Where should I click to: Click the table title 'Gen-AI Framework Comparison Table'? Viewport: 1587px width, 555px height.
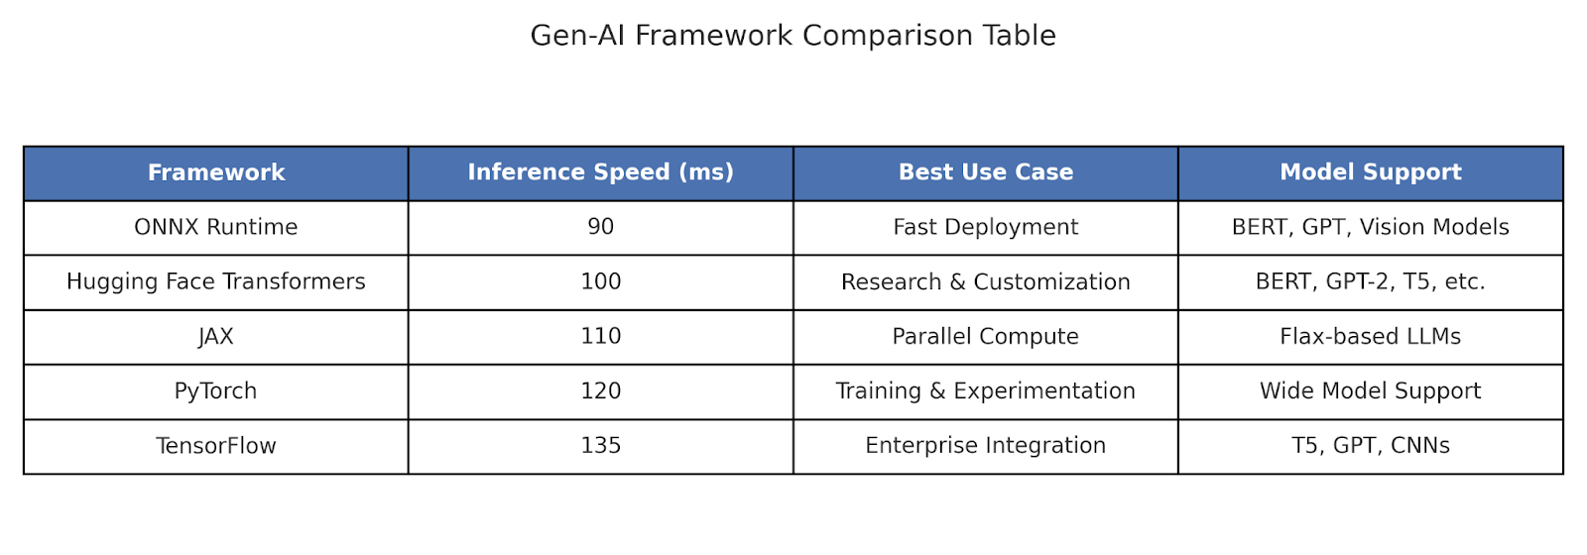coord(793,36)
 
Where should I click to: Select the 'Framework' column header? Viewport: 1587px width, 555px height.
coord(216,172)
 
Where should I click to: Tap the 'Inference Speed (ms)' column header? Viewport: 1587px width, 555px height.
coord(601,172)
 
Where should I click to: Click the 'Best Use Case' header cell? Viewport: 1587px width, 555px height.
coord(986,172)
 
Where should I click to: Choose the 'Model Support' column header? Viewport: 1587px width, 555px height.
coord(1370,172)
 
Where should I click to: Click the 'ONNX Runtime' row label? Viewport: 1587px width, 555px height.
coord(216,227)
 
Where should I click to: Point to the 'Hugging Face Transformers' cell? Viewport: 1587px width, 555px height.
coord(216,281)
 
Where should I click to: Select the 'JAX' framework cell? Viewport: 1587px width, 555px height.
coord(216,336)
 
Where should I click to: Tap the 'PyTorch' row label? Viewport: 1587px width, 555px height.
coord(216,390)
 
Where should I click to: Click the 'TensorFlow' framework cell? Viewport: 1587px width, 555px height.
coord(216,446)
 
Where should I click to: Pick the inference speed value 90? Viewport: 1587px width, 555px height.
coord(601,227)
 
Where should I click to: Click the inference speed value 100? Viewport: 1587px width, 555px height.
coord(601,281)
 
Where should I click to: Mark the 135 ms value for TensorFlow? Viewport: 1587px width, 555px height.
coord(601,446)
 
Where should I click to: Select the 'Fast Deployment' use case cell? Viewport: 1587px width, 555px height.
coord(986,227)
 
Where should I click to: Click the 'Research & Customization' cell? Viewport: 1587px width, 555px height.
coord(986,281)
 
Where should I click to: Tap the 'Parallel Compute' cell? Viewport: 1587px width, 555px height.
coord(986,336)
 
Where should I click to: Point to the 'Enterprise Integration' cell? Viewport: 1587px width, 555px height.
coord(986,446)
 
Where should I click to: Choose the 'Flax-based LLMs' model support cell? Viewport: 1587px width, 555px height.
coord(1370,336)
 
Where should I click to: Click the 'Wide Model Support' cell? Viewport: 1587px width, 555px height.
coord(1370,390)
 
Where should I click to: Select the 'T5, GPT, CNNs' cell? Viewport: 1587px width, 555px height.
coord(1370,446)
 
